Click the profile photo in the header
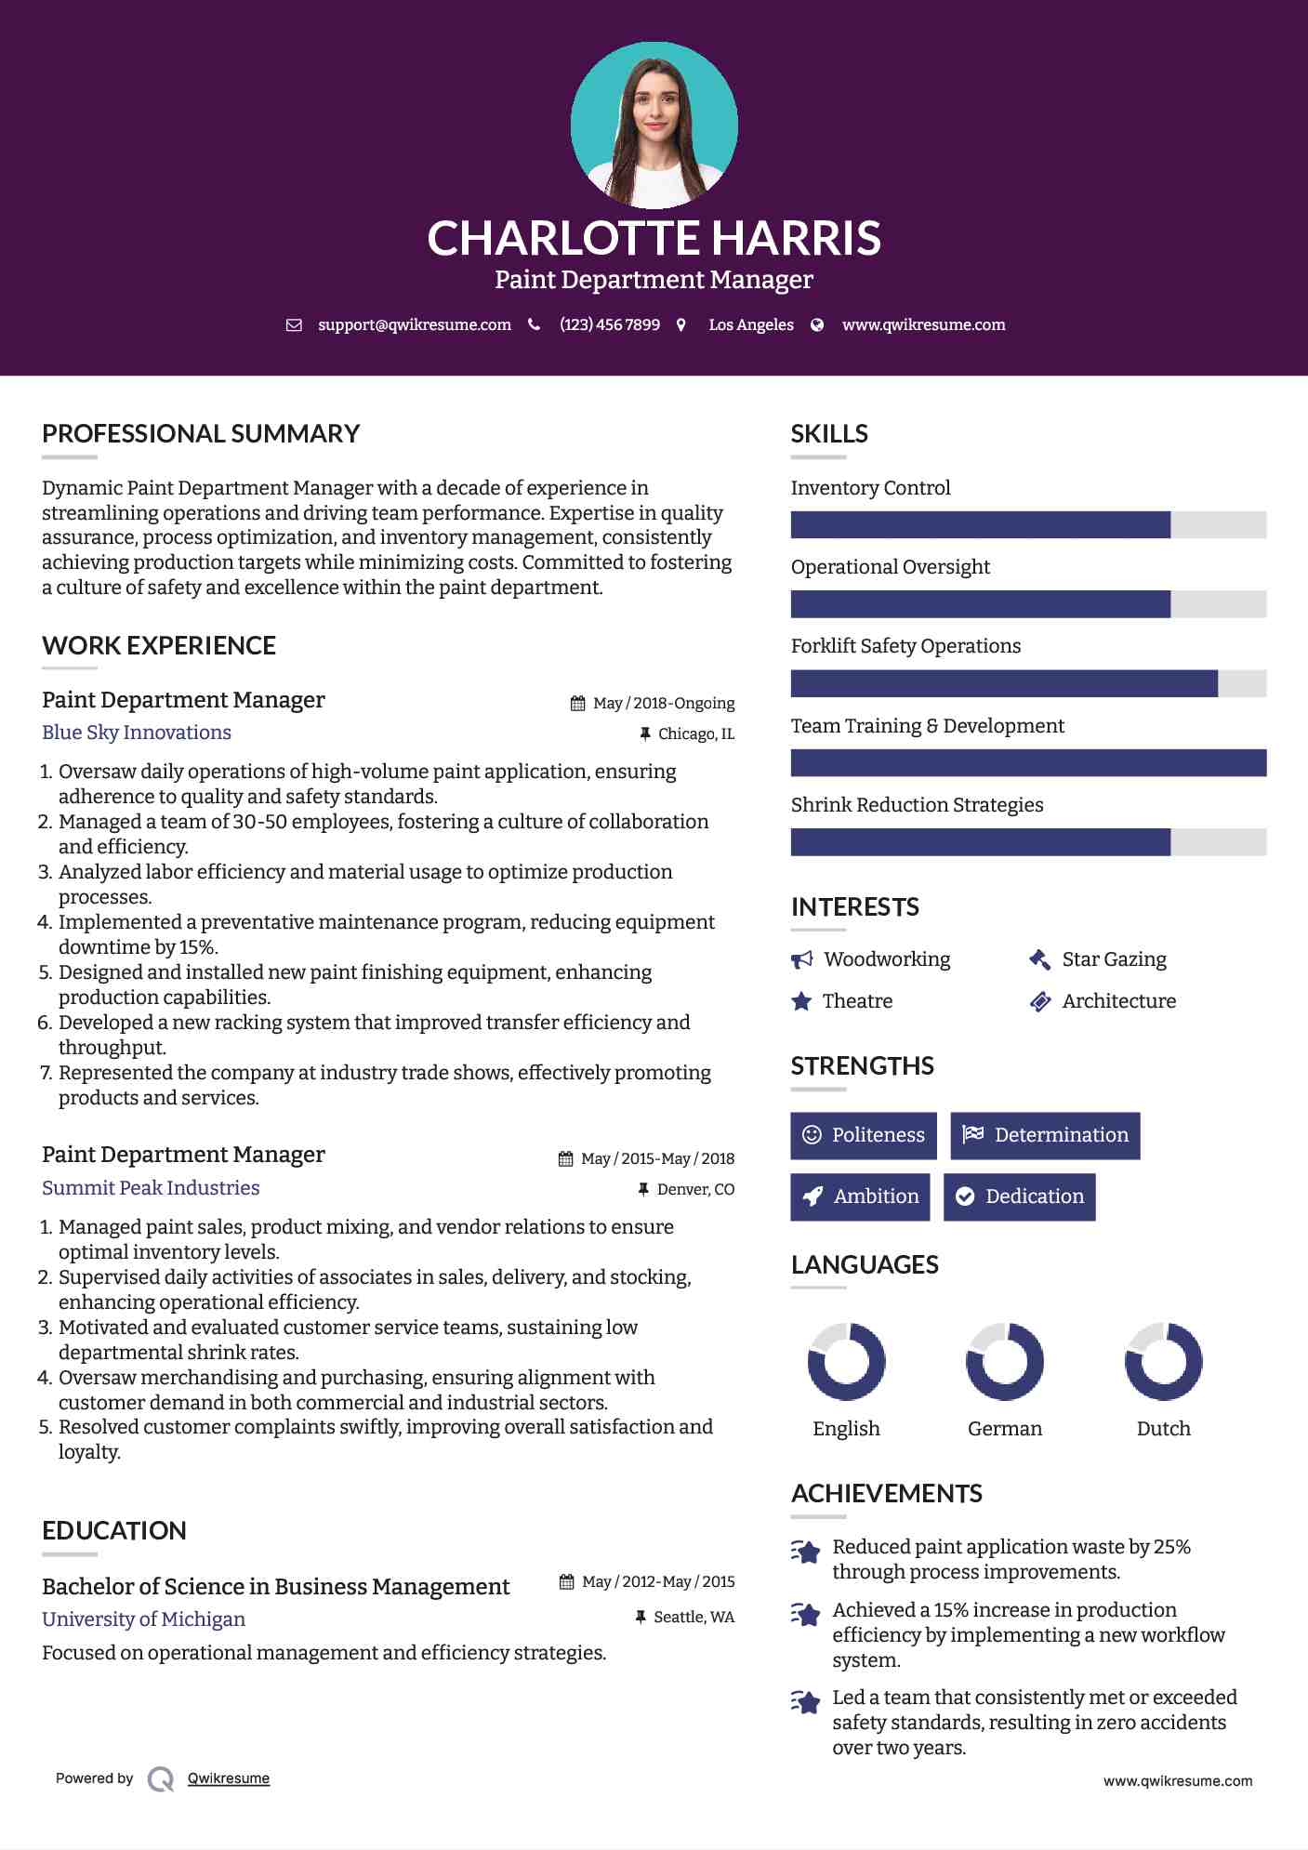(654, 125)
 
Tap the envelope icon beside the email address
(294, 325)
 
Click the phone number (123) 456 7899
(609, 325)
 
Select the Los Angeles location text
(751, 325)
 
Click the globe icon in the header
(817, 325)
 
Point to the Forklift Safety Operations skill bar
(1027, 683)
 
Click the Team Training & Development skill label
(927, 726)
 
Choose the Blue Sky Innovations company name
(137, 733)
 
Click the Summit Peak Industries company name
(151, 1188)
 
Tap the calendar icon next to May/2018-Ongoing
(578, 704)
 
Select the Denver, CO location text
(695, 1190)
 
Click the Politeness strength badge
(864, 1135)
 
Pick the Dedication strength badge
(1019, 1196)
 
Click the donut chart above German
(1005, 1362)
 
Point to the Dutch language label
(1163, 1429)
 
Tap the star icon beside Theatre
(801, 1001)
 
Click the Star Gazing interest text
(1114, 959)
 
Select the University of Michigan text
(144, 1619)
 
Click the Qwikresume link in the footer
(229, 1778)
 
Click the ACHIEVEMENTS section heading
(886, 1494)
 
